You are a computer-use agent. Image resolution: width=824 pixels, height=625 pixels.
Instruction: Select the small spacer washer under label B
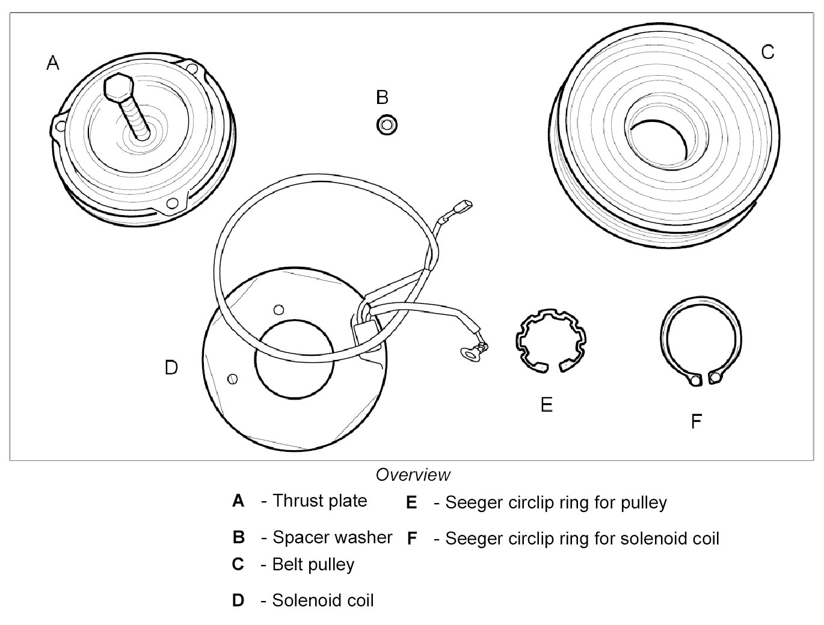[386, 126]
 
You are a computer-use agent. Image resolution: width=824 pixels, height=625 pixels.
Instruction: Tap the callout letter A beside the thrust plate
[53, 62]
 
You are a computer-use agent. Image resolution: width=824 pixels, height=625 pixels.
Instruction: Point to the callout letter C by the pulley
[767, 52]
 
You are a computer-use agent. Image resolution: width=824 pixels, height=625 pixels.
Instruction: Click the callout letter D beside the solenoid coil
[171, 367]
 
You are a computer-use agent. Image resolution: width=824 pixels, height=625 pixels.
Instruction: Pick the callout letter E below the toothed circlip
[546, 404]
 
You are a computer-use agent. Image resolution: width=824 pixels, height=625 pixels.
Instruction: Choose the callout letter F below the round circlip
[696, 421]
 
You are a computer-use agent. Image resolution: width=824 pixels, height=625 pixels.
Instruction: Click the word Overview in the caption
[413, 475]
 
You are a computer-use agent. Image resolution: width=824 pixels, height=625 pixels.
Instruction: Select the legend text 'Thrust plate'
[319, 501]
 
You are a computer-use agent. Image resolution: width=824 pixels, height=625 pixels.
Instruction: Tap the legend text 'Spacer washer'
[332, 537]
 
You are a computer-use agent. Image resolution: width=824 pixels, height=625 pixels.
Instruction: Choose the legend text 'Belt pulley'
[313, 564]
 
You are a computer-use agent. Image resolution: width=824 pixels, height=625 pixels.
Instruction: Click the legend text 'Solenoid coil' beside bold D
[323, 600]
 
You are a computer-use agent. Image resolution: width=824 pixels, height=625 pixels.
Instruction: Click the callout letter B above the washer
[382, 97]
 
